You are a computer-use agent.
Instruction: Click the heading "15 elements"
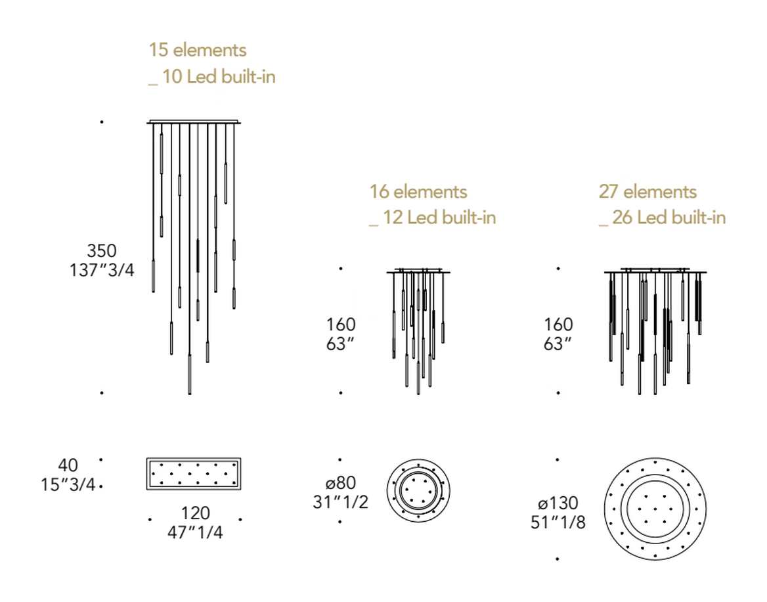click(x=197, y=50)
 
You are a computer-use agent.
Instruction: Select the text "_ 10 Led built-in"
click(x=212, y=77)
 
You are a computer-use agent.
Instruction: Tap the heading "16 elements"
click(x=418, y=191)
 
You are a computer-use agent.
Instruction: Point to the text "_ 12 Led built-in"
click(x=432, y=218)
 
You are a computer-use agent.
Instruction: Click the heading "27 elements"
click(x=647, y=191)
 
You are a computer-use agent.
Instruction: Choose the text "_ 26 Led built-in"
click(x=663, y=218)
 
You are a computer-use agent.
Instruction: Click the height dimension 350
click(x=102, y=250)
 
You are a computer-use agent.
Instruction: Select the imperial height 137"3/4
click(x=102, y=270)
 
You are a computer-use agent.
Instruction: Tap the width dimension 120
click(x=196, y=513)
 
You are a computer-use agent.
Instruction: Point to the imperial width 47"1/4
click(x=195, y=532)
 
